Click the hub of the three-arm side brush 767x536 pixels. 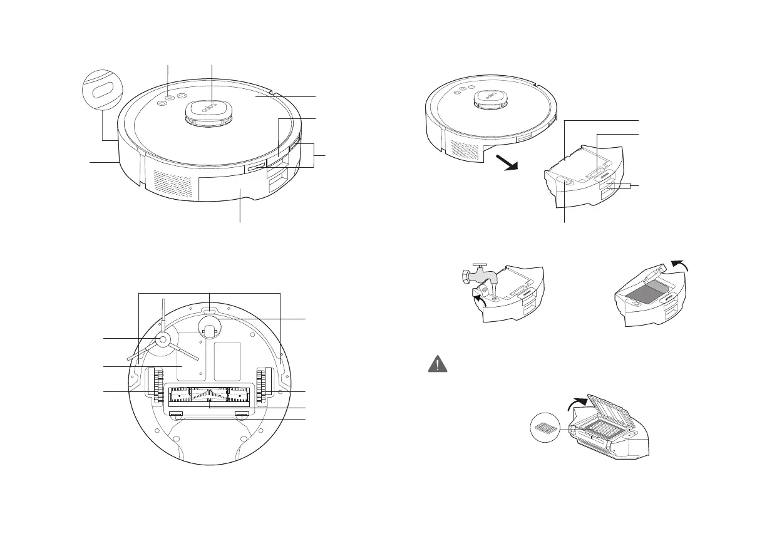click(162, 340)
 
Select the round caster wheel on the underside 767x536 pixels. click(209, 326)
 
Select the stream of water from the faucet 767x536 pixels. click(494, 289)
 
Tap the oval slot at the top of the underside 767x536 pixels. click(209, 309)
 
